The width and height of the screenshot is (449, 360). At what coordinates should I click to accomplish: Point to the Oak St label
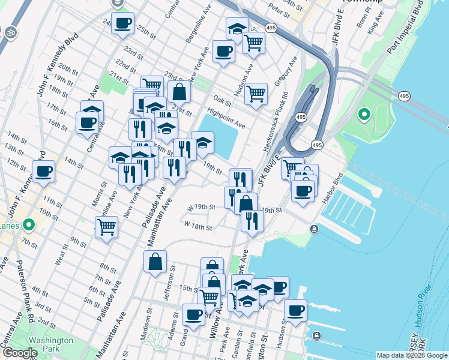click(222, 100)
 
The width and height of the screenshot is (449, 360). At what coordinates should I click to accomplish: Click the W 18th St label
click(198, 226)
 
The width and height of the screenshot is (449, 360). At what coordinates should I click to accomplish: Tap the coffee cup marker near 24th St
click(122, 23)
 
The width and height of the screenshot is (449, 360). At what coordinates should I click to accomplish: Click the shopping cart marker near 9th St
click(106, 227)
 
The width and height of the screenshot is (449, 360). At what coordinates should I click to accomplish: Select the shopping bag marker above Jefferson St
click(155, 262)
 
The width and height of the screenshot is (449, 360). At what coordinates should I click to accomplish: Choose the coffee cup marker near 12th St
click(44, 172)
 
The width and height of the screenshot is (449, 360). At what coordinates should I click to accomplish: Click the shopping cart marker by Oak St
click(256, 94)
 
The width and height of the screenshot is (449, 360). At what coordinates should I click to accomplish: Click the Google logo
click(20, 353)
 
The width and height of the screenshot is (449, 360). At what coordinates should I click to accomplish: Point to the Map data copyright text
click(411, 355)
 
